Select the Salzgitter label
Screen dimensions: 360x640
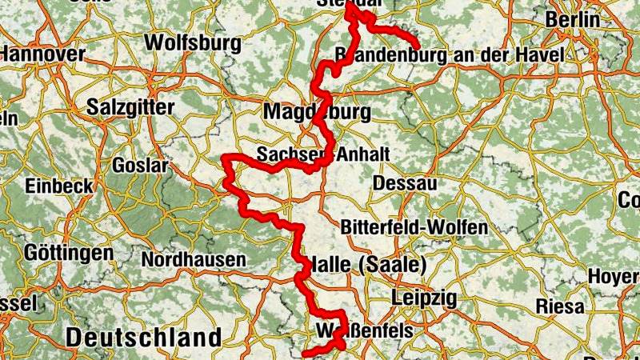(x=130, y=106)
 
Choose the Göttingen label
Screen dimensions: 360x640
(x=68, y=253)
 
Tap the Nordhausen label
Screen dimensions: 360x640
(x=194, y=260)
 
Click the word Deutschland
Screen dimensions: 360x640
(x=143, y=337)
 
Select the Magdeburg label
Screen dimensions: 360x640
(x=317, y=110)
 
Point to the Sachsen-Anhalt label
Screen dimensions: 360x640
(x=323, y=153)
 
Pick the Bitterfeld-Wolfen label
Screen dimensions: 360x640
(x=414, y=227)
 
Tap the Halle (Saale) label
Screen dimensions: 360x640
(x=367, y=264)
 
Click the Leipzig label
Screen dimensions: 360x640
(x=424, y=298)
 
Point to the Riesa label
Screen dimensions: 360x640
(x=561, y=306)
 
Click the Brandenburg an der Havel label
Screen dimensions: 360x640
(x=450, y=55)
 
